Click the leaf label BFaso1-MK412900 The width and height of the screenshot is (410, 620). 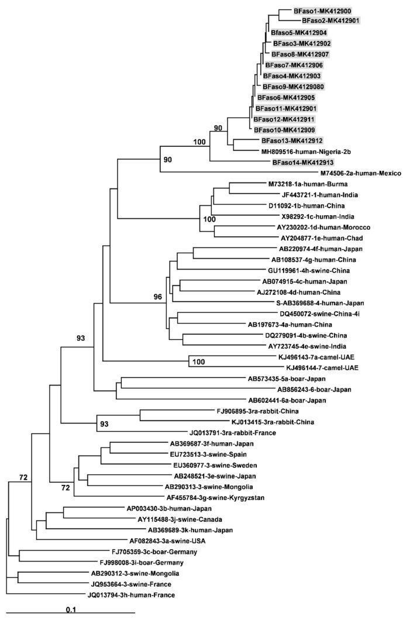pos(322,11)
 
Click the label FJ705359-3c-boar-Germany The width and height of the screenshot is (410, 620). pos(154,552)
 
